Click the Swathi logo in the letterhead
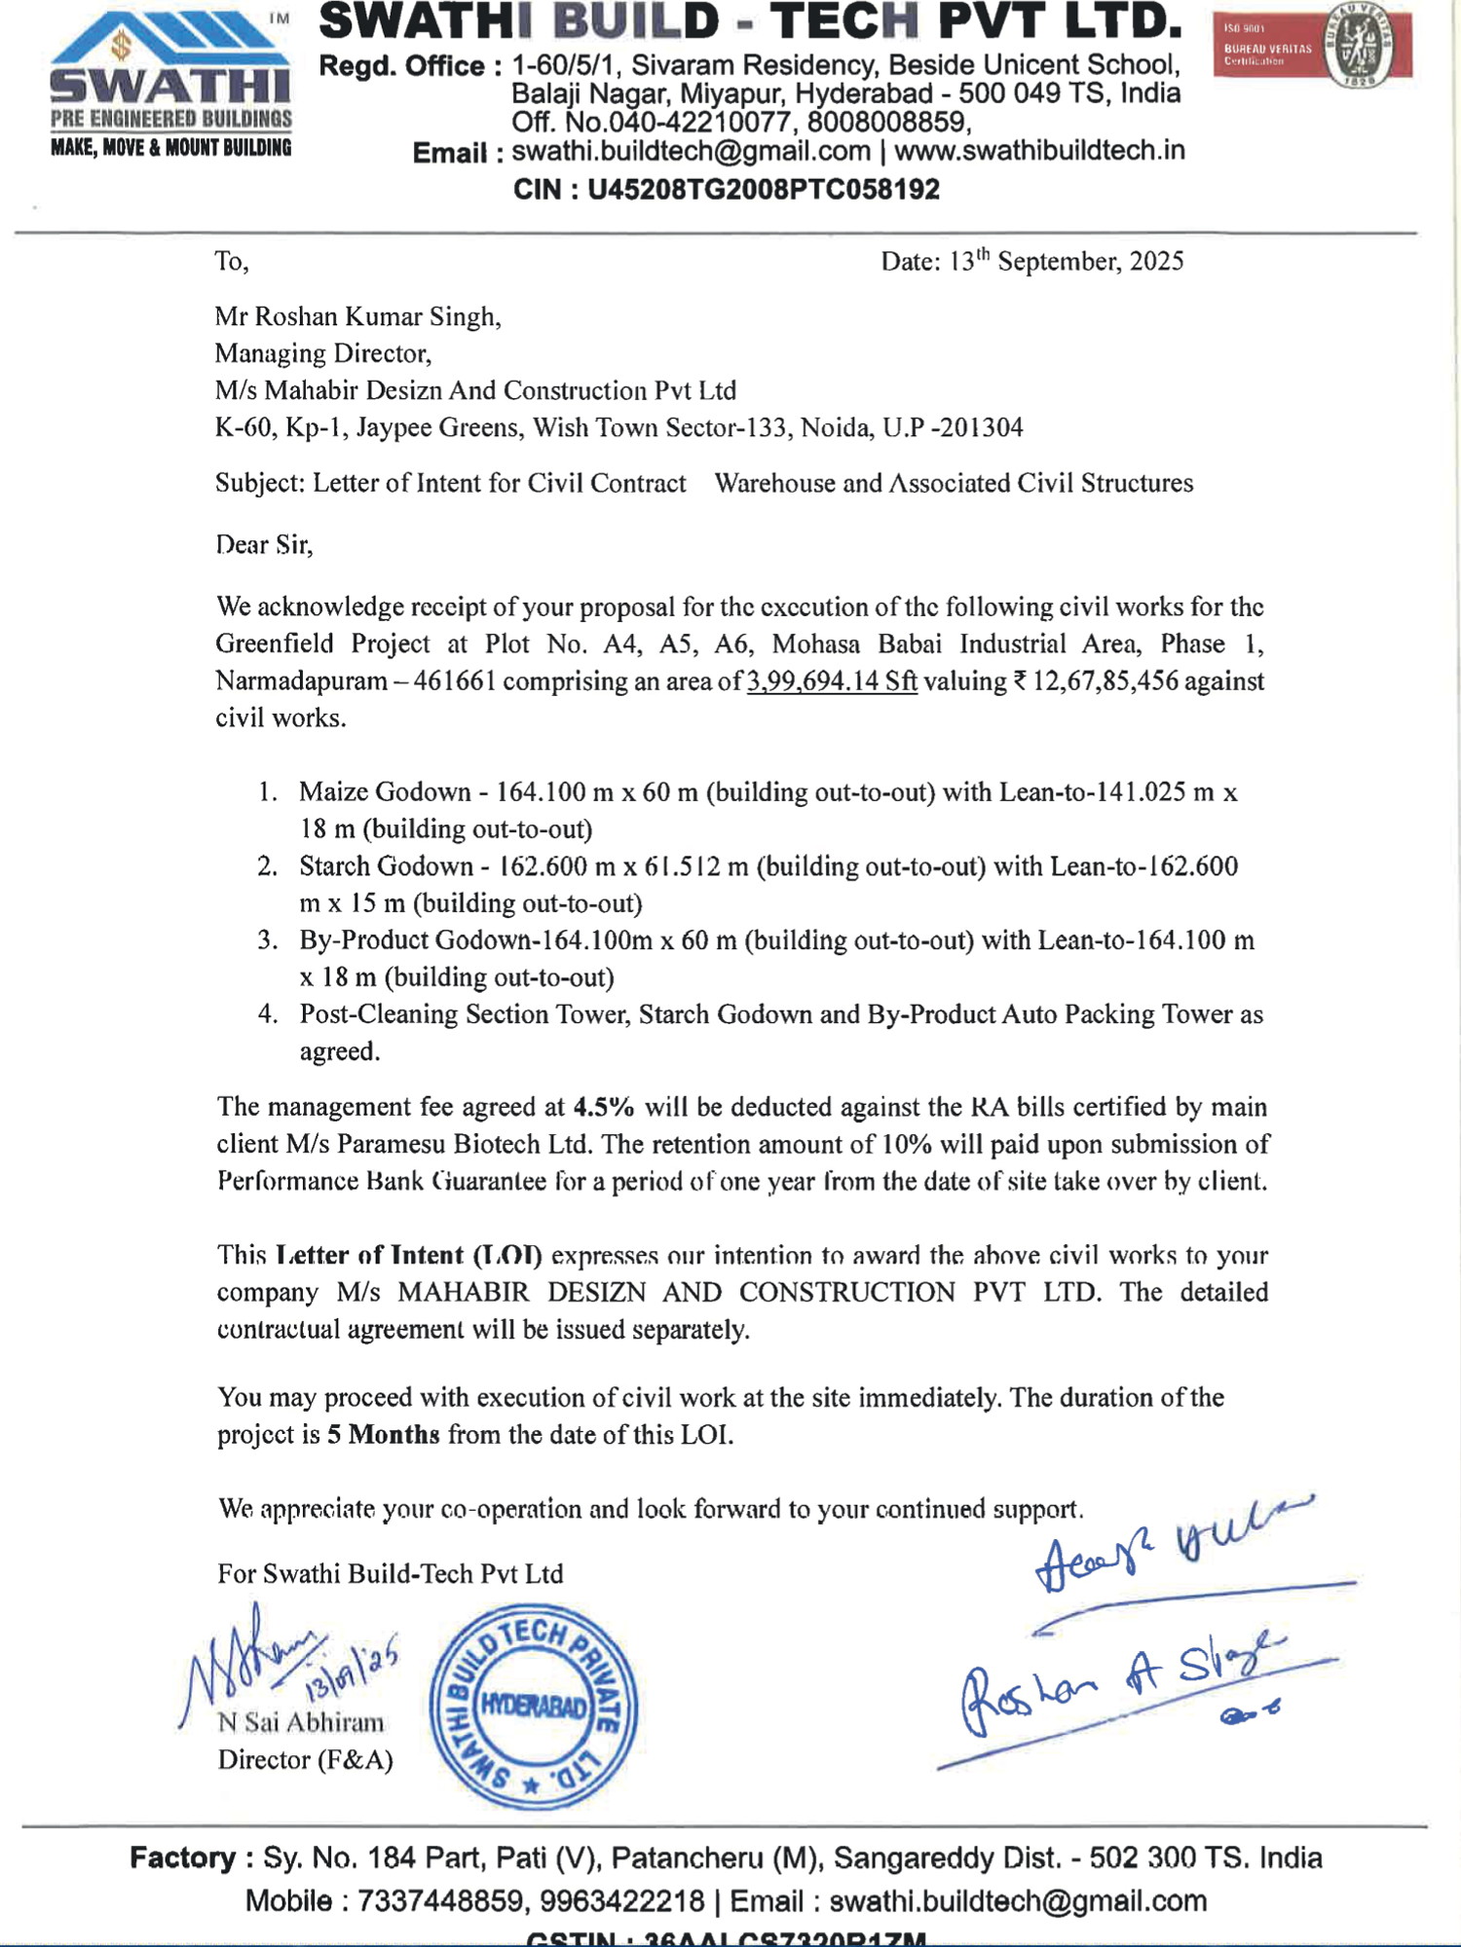coord(170,86)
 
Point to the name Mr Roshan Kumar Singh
coord(357,317)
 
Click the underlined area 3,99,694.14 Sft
coord(832,681)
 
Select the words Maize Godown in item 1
coord(385,792)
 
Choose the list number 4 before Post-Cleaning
coord(267,1014)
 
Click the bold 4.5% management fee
coord(604,1108)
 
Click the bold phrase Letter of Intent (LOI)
coord(409,1256)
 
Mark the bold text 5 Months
coord(384,1435)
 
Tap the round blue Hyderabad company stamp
coord(534,1707)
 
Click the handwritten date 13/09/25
coord(351,1668)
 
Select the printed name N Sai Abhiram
coord(301,1723)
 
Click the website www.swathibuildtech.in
coord(1039,151)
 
